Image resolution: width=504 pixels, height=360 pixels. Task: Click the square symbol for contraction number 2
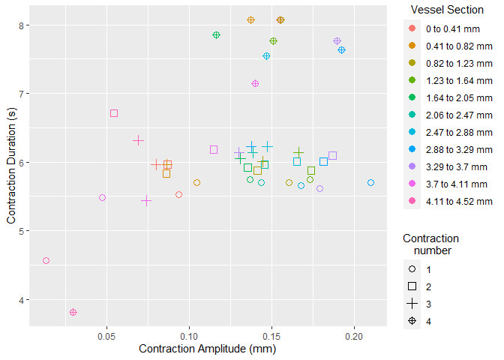412,286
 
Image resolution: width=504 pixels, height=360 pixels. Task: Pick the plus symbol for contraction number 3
412,304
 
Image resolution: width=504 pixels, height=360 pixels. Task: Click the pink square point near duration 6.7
114,113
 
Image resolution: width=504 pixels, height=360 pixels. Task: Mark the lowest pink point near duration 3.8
73,312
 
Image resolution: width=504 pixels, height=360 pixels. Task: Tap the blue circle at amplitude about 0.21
370,183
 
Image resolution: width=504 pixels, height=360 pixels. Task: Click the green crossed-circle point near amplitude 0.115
216,35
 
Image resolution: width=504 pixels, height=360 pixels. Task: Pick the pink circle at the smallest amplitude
46,261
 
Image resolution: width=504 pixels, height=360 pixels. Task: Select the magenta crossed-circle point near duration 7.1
255,84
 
